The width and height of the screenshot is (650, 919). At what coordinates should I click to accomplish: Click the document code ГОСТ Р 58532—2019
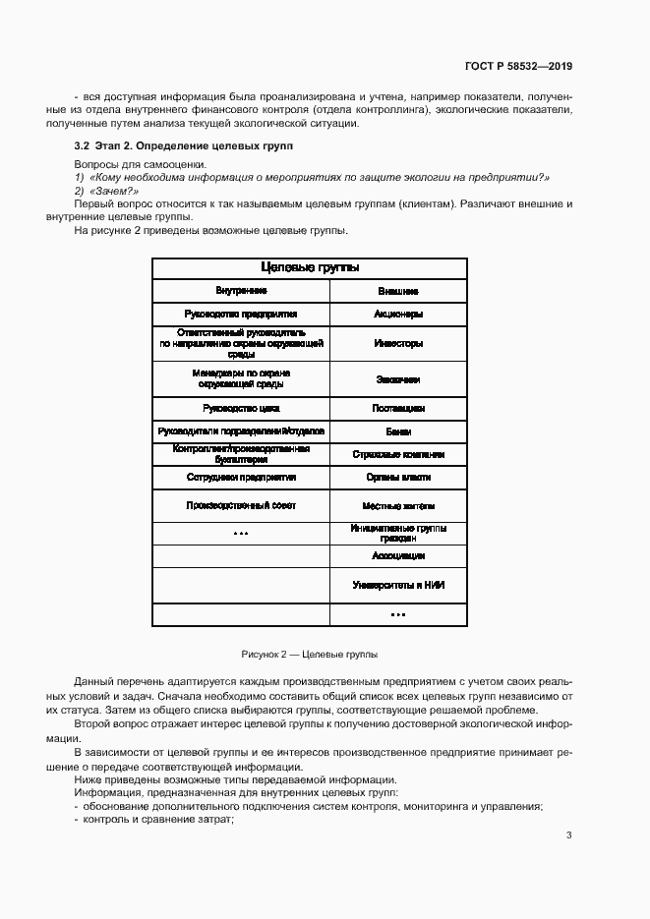tap(518, 67)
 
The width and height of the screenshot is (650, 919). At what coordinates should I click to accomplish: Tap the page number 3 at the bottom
tap(569, 835)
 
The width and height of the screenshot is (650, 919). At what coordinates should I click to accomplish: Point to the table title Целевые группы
tap(309, 267)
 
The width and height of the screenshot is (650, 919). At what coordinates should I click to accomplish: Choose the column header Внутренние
tap(241, 292)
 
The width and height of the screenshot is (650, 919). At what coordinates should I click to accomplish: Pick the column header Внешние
tap(398, 292)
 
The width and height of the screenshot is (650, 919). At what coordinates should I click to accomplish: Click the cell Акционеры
tap(398, 315)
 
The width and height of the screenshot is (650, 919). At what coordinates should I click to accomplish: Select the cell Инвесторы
tap(398, 344)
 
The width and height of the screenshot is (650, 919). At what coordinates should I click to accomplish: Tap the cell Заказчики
tap(398, 378)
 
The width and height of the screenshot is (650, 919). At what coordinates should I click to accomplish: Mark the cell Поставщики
tap(398, 407)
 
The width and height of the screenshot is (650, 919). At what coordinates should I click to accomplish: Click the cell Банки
tap(398, 431)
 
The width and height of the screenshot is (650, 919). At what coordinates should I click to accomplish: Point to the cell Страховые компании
tap(398, 455)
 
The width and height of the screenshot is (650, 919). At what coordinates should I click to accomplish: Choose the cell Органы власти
tap(398, 478)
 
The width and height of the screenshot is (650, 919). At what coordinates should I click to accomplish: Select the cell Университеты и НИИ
tap(398, 585)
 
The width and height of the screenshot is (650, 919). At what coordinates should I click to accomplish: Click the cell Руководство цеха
tap(241, 407)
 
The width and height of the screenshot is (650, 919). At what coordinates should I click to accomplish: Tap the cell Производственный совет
tap(241, 505)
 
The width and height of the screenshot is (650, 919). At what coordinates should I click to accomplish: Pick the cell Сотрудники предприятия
tap(241, 478)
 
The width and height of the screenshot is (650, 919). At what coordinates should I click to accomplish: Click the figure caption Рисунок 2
tap(309, 654)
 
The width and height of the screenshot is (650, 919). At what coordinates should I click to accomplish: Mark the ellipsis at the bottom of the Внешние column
tap(398, 614)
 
